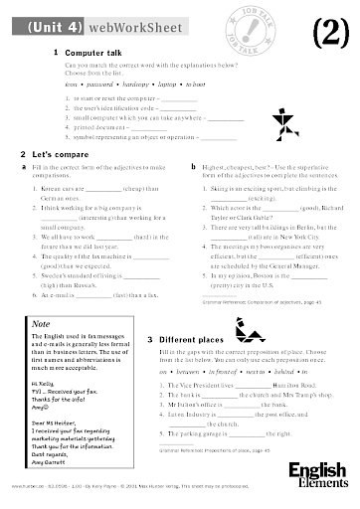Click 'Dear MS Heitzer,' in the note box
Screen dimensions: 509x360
click(x=52, y=419)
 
